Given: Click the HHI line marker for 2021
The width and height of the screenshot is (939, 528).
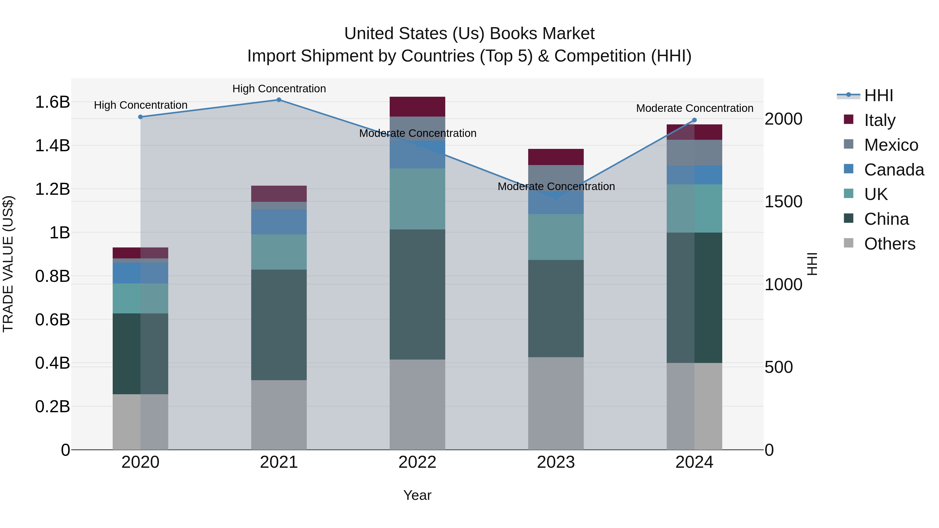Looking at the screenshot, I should tap(279, 100).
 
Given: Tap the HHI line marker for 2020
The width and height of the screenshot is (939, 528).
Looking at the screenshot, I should tap(140, 117).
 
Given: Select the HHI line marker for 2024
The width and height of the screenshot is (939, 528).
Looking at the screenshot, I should tap(694, 120).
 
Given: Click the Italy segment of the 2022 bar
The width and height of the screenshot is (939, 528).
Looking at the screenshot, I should tap(417, 107).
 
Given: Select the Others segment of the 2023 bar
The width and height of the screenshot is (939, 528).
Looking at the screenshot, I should tap(556, 403).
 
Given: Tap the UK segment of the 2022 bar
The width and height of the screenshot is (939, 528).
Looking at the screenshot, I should tap(417, 199).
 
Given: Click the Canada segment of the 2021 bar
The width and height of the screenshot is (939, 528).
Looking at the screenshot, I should tap(279, 222).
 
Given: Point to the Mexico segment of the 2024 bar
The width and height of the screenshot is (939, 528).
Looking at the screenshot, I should tap(694, 153).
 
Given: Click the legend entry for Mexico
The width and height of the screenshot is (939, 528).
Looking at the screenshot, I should tap(891, 145).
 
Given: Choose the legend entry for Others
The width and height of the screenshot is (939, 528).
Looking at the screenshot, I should tap(889, 244).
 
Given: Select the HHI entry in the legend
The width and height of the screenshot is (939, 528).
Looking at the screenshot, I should tap(878, 95).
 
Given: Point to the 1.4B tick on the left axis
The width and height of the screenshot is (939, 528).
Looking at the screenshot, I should tap(52, 146).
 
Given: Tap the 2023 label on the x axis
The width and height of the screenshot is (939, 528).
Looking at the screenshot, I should tap(556, 462).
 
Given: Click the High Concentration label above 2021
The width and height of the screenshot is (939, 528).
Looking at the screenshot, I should tap(279, 89).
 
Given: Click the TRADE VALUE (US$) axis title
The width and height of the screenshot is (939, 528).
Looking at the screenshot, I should tap(8, 264).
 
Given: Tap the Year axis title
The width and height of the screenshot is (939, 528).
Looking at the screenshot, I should tap(417, 495).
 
